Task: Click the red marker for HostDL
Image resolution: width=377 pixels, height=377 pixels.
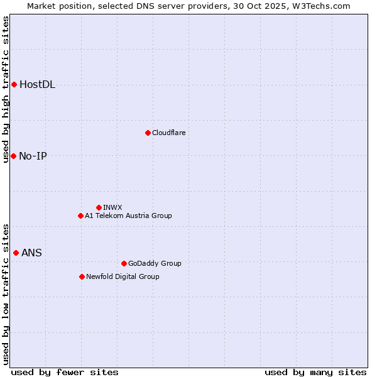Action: (14, 84)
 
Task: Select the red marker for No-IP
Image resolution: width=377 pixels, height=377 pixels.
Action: (13, 156)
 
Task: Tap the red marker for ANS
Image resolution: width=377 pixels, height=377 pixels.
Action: (16, 253)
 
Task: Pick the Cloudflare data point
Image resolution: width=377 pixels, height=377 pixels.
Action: (148, 133)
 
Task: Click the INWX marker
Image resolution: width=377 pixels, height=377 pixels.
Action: (99, 207)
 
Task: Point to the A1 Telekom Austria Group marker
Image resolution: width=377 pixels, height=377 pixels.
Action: (80, 216)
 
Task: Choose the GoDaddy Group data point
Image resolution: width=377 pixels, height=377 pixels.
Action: (124, 263)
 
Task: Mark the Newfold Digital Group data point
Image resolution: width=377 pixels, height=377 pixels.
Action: (82, 276)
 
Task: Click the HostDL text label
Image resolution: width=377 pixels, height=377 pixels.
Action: (37, 85)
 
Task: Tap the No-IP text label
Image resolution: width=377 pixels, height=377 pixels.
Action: (33, 156)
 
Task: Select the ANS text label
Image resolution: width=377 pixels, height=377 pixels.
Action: (31, 253)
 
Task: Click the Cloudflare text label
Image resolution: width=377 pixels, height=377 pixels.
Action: (168, 133)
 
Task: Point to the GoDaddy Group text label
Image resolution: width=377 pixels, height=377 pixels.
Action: (155, 263)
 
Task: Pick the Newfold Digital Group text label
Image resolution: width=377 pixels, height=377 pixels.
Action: (123, 276)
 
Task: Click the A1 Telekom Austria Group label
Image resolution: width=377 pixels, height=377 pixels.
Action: (128, 216)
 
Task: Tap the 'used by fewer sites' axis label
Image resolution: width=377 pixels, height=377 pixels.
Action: (65, 372)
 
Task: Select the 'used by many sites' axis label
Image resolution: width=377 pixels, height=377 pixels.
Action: (315, 372)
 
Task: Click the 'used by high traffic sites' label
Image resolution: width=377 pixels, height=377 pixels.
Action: (6, 89)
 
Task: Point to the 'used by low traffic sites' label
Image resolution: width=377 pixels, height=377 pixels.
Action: (6, 293)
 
